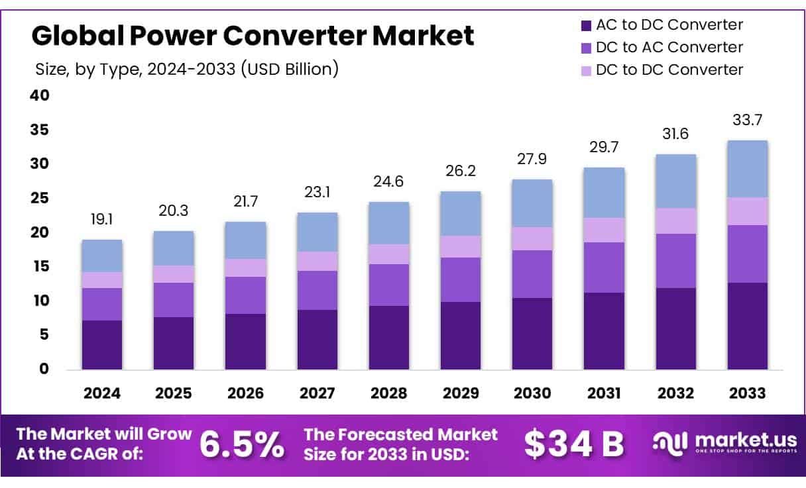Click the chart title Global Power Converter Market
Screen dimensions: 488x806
[x=253, y=36]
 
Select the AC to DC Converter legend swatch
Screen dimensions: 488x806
[x=585, y=26]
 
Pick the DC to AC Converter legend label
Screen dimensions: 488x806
[x=669, y=48]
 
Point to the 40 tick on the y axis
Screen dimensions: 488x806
[x=40, y=95]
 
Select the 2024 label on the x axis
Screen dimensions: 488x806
[x=102, y=393]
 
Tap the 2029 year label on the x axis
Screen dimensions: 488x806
[x=461, y=393]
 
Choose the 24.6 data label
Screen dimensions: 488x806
[x=389, y=181]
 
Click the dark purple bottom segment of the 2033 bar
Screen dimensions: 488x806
[x=747, y=326]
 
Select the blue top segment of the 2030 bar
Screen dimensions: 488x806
[x=532, y=203]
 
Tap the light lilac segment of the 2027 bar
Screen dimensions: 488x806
[x=317, y=261]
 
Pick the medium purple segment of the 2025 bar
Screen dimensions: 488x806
[x=174, y=300]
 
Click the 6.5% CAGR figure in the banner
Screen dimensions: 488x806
[x=242, y=445]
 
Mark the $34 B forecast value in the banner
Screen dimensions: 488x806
[x=574, y=445]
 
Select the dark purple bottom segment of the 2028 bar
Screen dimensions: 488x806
[x=389, y=337]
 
